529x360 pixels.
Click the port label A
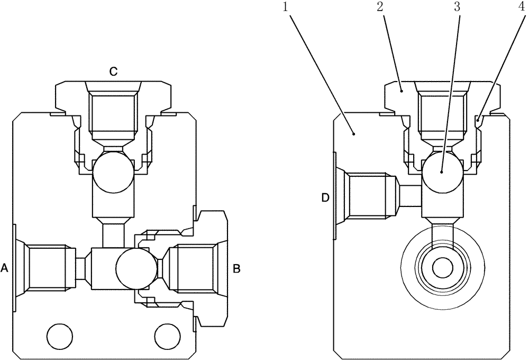tap(5, 269)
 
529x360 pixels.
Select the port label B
tap(237, 269)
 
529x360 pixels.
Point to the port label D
tap(326, 197)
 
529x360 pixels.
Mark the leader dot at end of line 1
tap(355, 134)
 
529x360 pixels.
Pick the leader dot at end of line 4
tap(478, 122)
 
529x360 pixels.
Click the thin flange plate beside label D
tap(334, 196)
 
